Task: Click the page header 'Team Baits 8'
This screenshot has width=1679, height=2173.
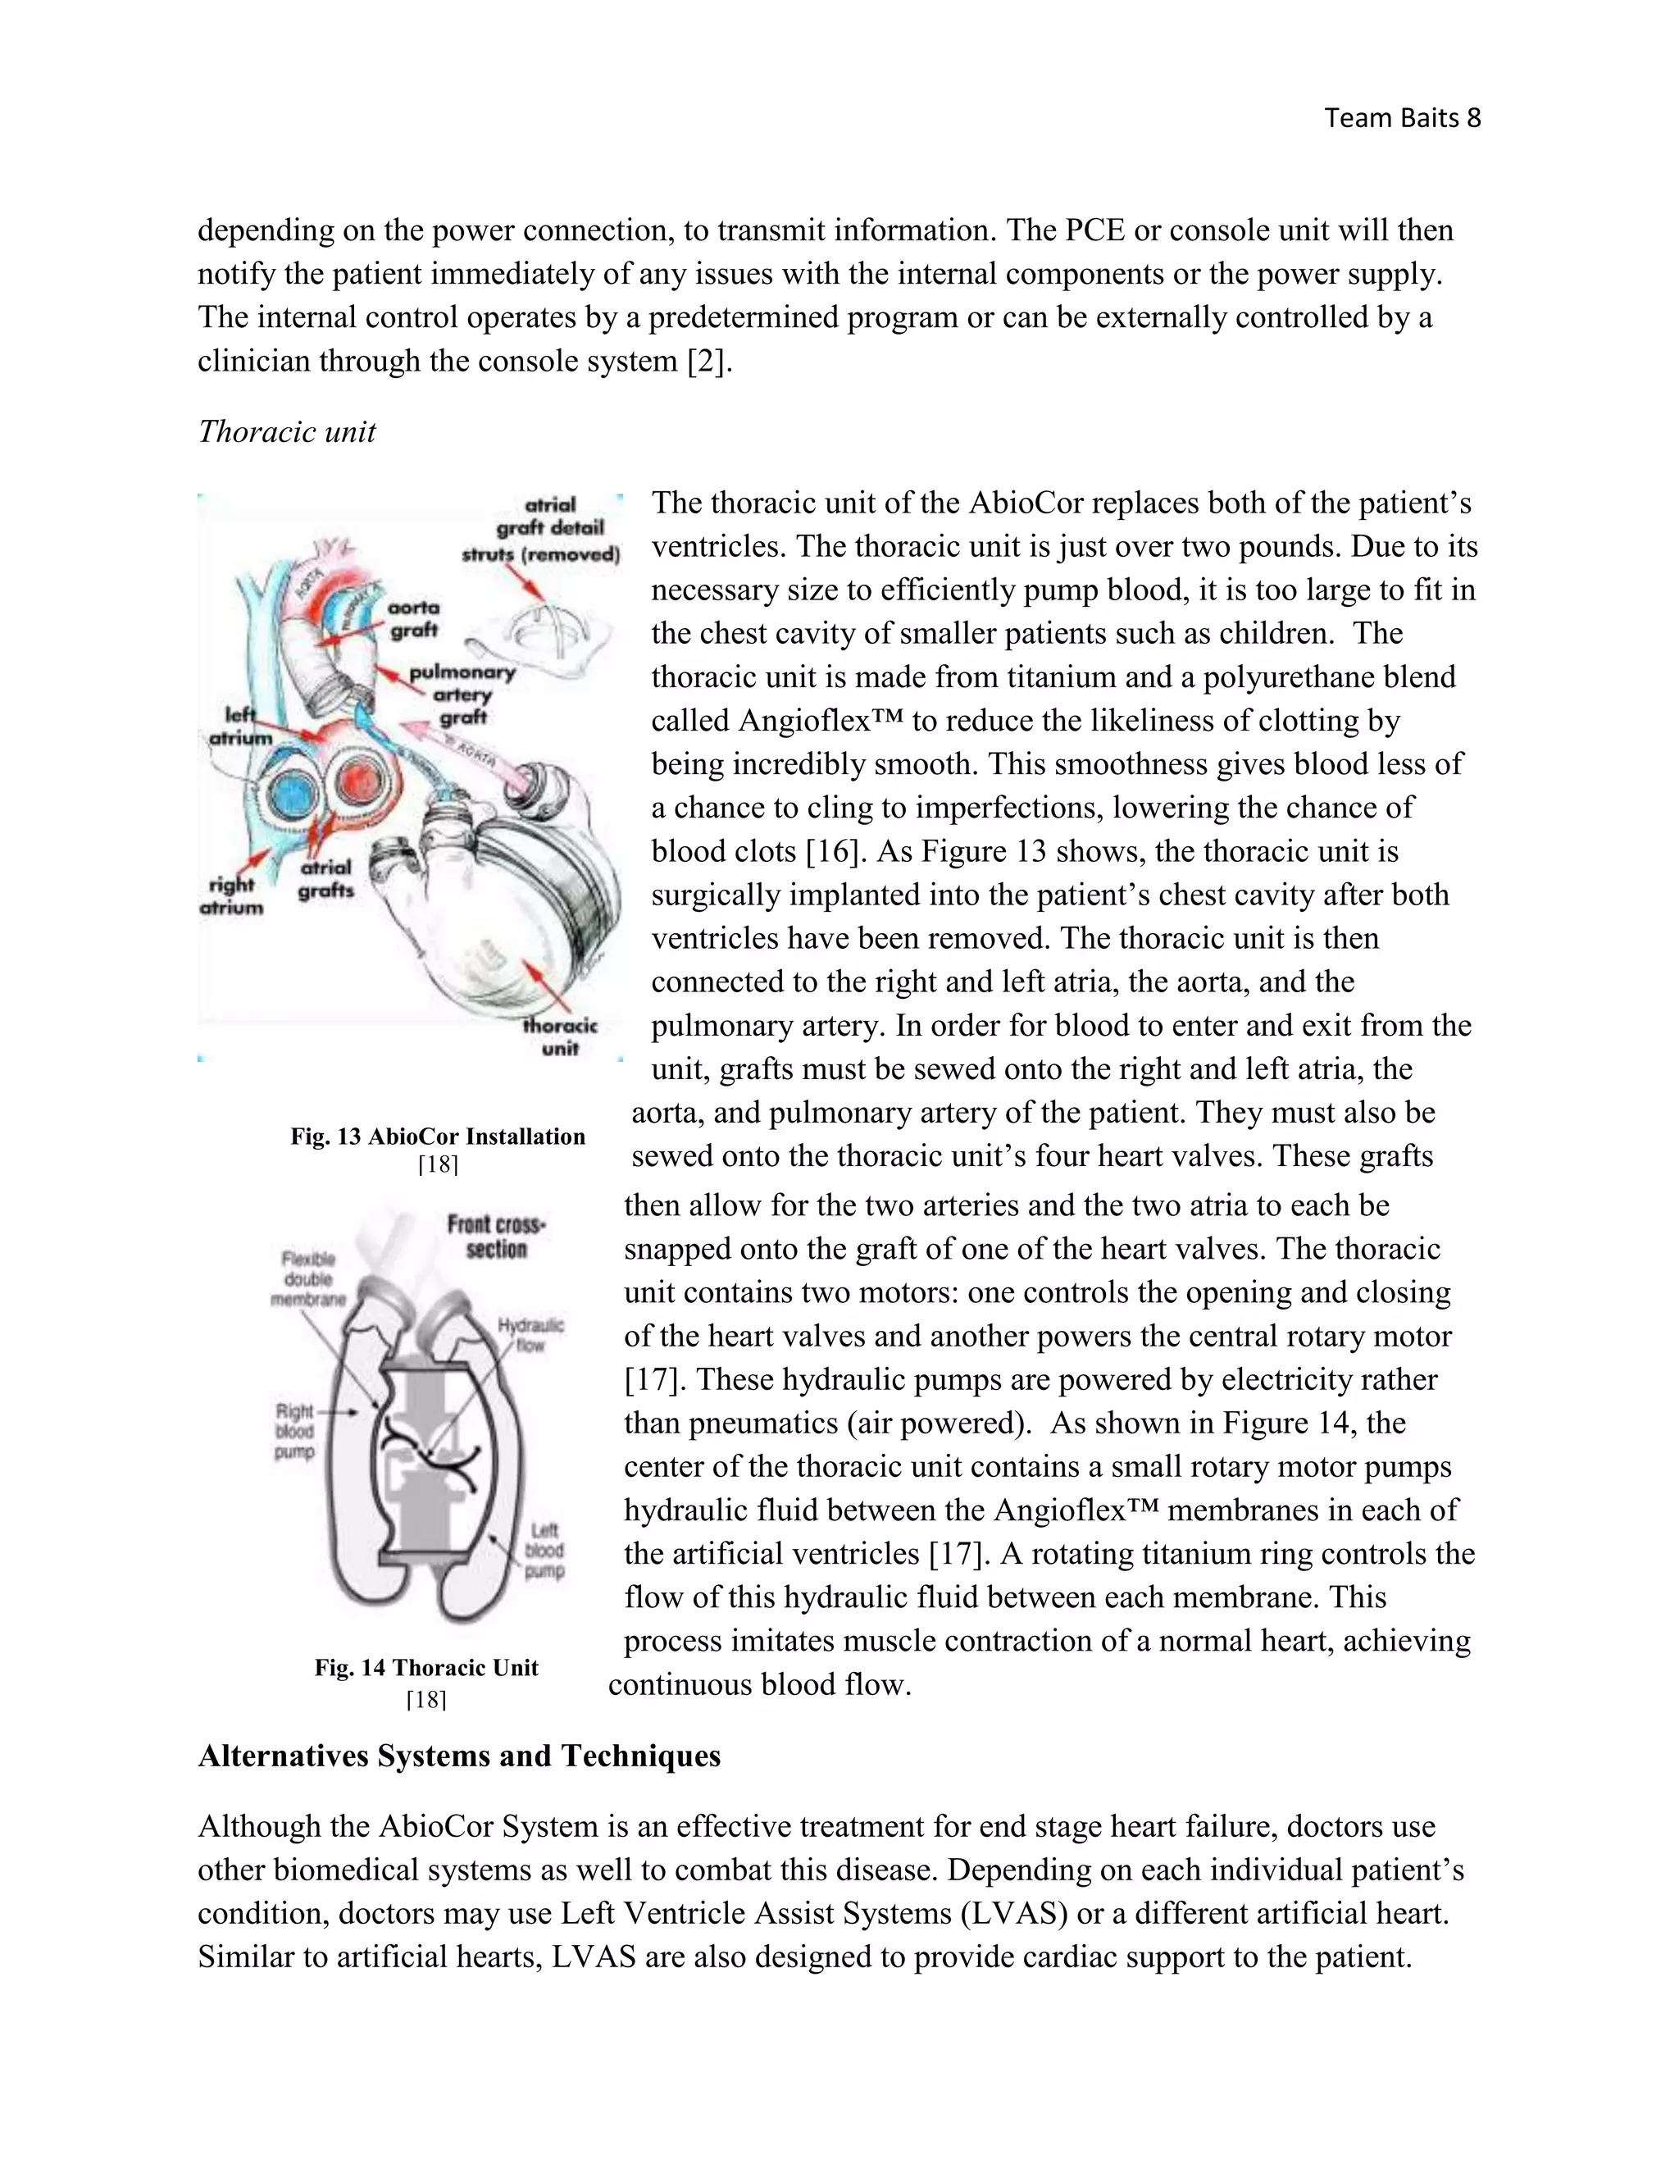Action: point(1401,118)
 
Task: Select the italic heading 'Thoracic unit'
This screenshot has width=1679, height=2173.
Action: point(286,432)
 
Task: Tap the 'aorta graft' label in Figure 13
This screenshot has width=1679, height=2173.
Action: point(414,619)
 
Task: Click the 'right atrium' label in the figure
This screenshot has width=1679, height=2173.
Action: point(232,895)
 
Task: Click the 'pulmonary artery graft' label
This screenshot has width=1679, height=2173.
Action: point(462,695)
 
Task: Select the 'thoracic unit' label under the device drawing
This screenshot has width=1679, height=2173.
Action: point(560,1036)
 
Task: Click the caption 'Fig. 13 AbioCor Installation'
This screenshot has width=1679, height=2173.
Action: point(438,1137)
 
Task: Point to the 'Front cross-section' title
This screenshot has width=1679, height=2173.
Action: point(495,1237)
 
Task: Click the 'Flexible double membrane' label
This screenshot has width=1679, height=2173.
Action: point(307,1279)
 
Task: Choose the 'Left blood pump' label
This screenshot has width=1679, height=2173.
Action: point(544,1550)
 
